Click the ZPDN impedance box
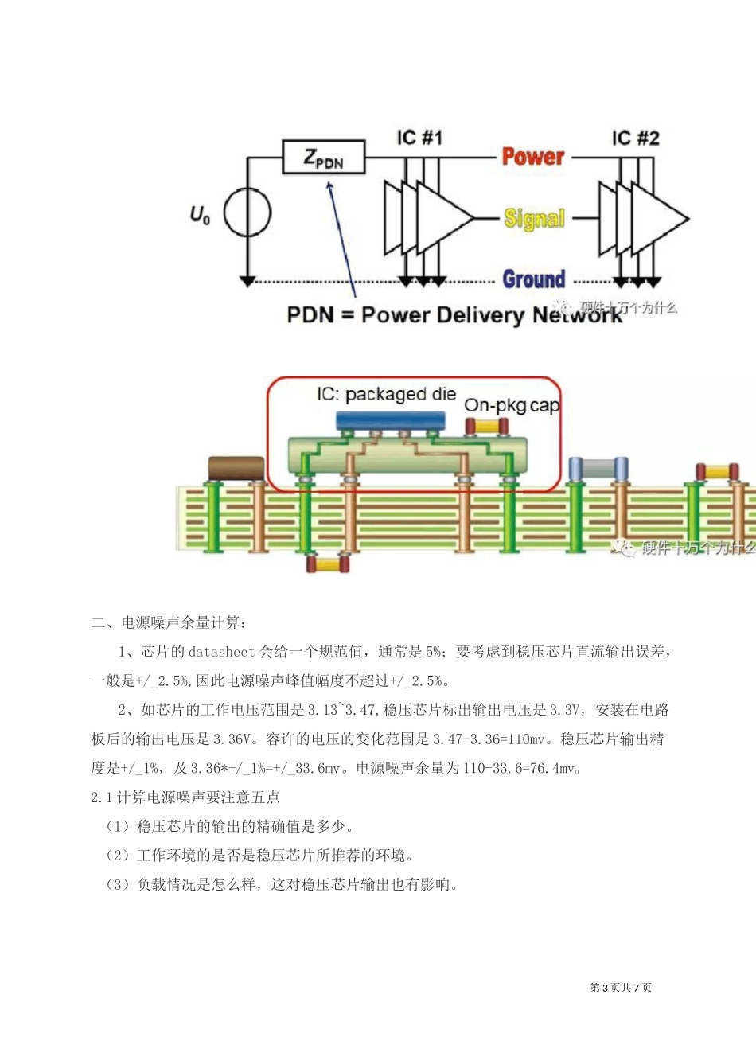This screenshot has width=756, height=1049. click(x=323, y=158)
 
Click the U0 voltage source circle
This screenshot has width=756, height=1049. click(x=247, y=213)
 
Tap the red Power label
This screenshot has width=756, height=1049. click(x=532, y=157)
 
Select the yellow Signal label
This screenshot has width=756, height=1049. click(x=534, y=218)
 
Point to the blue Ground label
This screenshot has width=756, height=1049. click(x=533, y=279)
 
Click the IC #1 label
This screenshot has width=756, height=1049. click(x=419, y=138)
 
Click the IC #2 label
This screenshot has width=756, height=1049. click(x=635, y=138)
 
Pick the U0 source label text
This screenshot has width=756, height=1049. click(x=200, y=214)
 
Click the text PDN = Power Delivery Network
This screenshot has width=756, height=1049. click(x=454, y=315)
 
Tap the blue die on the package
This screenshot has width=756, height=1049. click(x=390, y=420)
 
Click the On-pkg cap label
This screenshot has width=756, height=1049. click(x=512, y=405)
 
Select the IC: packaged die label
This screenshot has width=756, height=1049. click(x=386, y=394)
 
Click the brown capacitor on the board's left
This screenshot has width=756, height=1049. click(x=236, y=468)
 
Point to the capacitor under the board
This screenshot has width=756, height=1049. click(x=328, y=564)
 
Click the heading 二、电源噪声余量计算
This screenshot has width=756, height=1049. click(x=169, y=622)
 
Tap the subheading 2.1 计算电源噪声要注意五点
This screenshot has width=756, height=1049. click(x=185, y=797)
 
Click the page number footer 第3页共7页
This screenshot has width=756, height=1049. click(x=621, y=988)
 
